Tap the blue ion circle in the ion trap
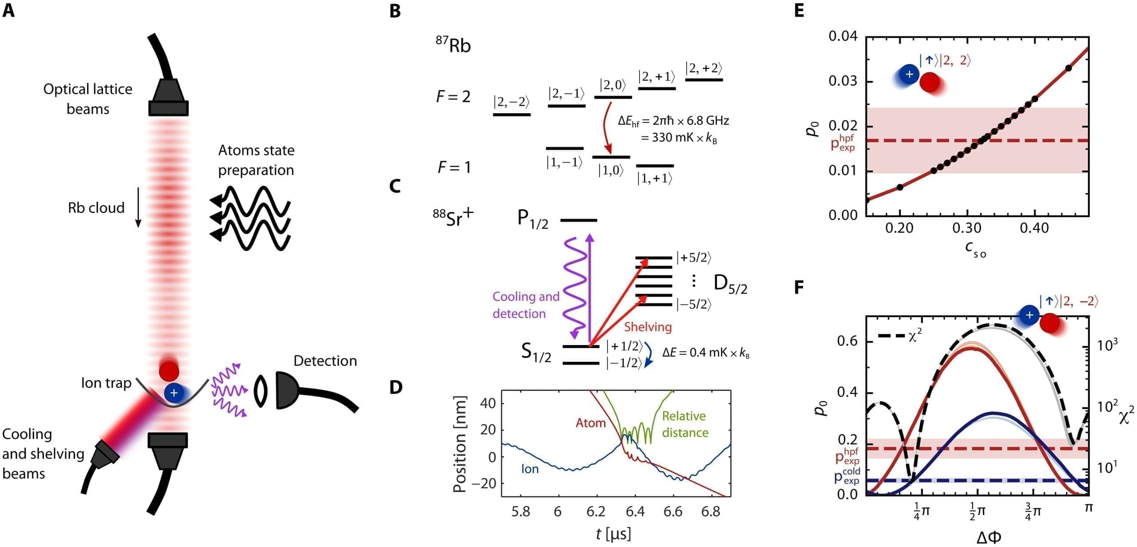coord(174,393)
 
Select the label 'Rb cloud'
coord(96,208)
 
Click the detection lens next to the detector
coord(261,391)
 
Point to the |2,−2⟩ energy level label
coord(512,103)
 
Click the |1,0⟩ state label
coord(611,170)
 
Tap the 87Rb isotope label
coord(453,45)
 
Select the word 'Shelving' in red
coord(648,327)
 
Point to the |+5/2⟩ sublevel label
coord(694,258)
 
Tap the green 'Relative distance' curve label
coord(684,424)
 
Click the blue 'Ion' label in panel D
coord(530,469)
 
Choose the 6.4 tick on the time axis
coord(635,511)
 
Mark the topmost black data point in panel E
coord(1069,68)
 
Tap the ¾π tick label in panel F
coord(1033,511)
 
